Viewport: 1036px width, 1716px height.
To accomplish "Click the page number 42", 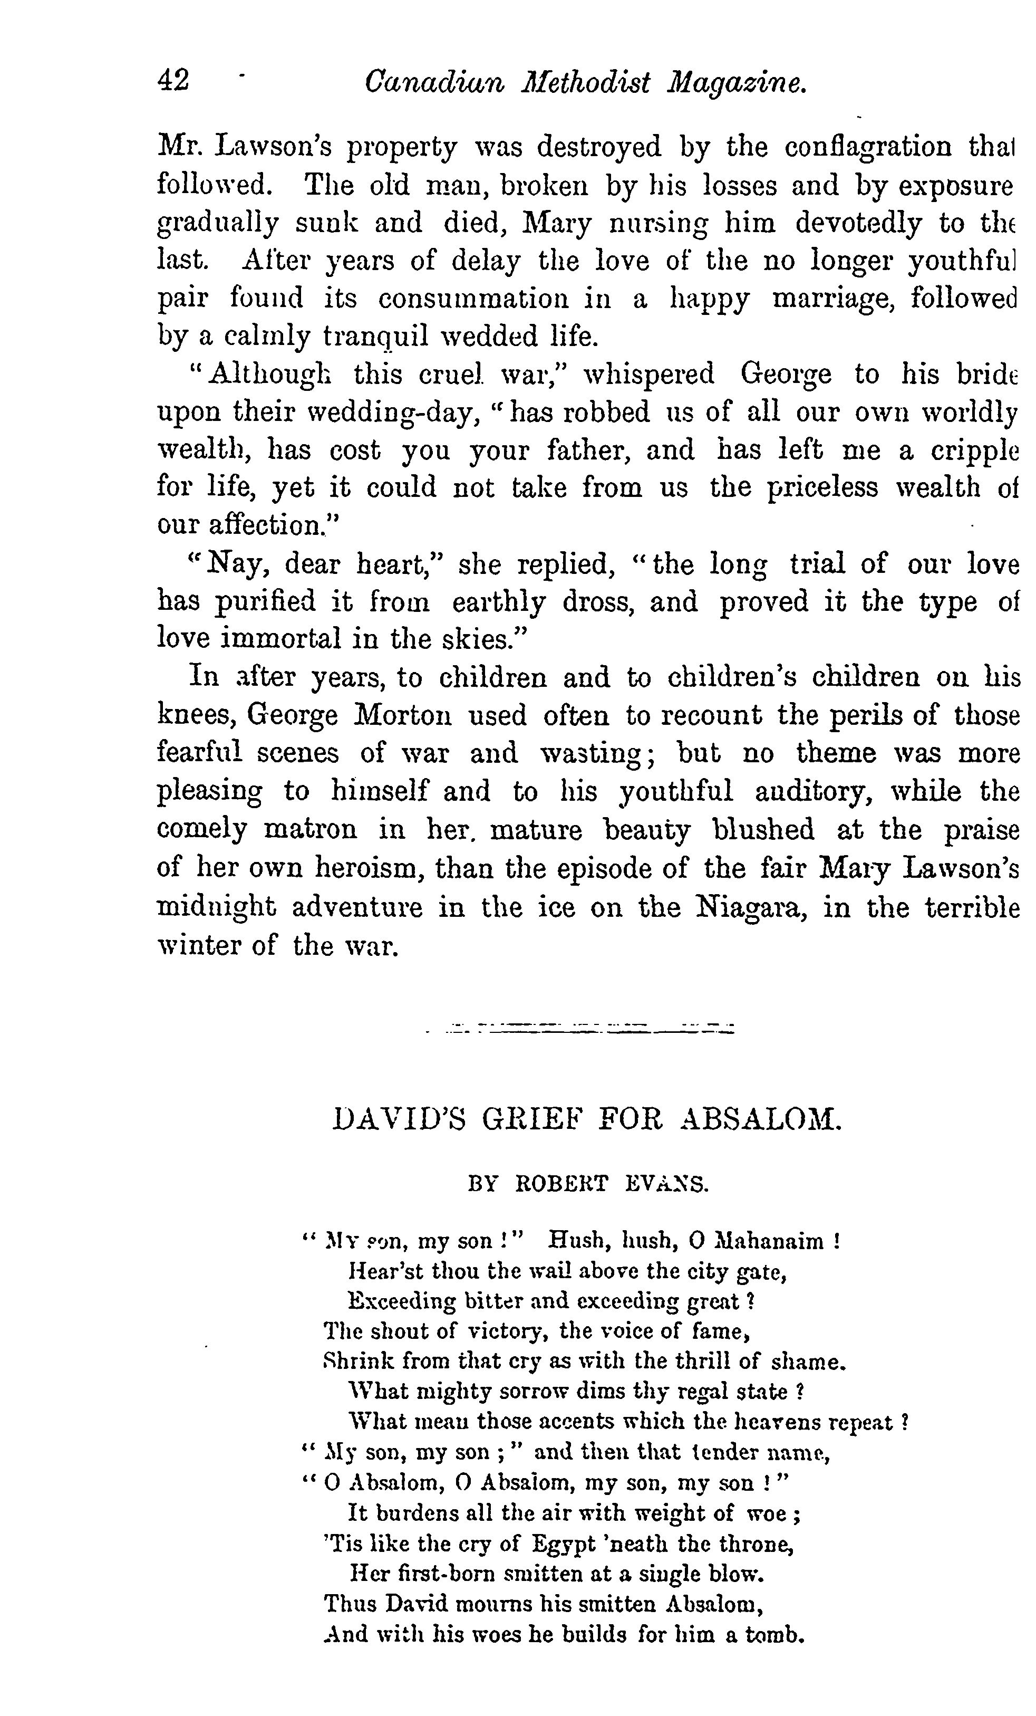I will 173,81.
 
